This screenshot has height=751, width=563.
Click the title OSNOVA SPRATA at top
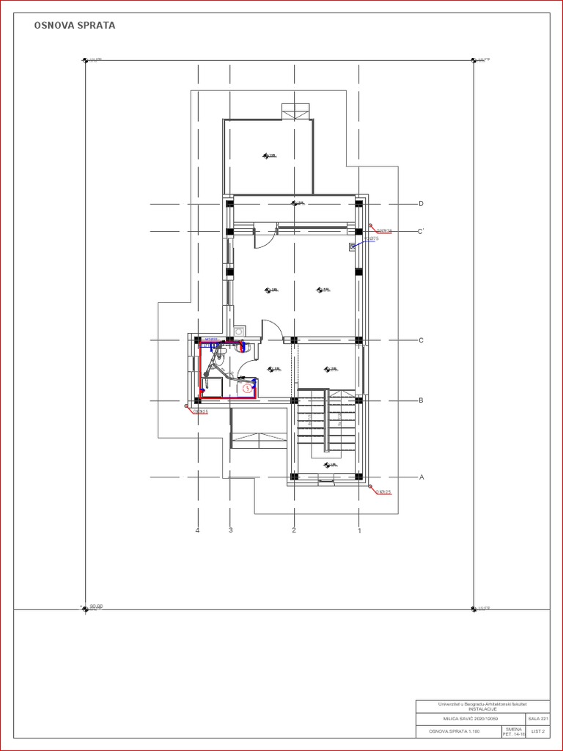tap(74, 26)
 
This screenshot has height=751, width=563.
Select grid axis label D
tap(421, 203)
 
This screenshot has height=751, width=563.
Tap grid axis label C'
tap(422, 232)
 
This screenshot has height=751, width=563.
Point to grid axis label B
tap(421, 400)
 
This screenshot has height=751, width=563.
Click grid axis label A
tap(421, 477)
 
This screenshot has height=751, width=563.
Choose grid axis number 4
tap(198, 530)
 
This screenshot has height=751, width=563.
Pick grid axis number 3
tap(230, 530)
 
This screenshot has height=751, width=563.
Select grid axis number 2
tap(294, 530)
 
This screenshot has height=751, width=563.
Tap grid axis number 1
tap(359, 530)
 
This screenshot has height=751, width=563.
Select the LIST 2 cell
tap(538, 731)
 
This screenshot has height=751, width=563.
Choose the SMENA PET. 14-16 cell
tap(513, 731)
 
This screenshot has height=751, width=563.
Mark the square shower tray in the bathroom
tap(213, 389)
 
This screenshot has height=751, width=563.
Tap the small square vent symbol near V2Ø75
tap(353, 247)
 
